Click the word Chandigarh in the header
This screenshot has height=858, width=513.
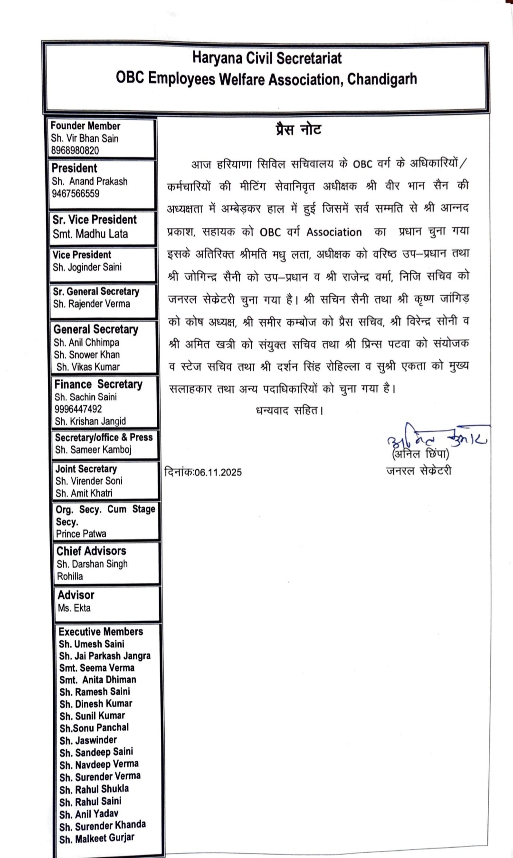382,79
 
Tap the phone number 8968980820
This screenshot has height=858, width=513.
75,151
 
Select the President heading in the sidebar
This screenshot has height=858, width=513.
74,168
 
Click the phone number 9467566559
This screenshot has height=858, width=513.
76,194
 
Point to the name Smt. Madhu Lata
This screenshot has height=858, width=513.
90,234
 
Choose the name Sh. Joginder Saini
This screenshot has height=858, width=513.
87,267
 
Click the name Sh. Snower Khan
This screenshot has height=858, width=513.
86,354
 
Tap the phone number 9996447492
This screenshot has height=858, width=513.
78,409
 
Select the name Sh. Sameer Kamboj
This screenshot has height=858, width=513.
93,450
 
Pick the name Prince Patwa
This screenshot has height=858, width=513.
81,534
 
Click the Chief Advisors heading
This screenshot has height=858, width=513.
91,551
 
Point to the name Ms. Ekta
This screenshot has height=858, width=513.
74,608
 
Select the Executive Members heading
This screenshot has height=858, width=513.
101,632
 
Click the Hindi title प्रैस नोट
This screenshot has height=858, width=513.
299,130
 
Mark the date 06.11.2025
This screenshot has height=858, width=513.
218,472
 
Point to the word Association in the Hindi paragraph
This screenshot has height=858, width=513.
334,232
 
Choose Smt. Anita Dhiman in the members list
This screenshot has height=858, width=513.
97,680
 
